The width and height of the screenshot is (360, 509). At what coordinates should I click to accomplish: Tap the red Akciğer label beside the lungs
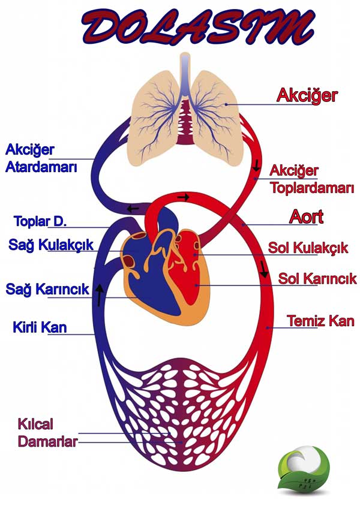point(307,96)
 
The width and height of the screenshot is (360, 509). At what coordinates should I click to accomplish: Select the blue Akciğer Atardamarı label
point(41,158)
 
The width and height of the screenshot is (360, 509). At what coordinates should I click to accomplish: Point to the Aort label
point(307,216)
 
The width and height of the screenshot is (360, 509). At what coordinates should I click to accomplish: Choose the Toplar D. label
point(40,221)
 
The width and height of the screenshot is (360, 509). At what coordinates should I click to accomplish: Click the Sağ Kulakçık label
point(51,245)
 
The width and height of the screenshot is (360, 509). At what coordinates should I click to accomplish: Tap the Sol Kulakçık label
point(308,248)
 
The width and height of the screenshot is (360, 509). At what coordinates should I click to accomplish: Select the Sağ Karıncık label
point(47,288)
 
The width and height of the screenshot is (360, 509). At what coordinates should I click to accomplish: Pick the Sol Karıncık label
point(317,279)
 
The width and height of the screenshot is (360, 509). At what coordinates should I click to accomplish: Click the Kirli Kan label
point(40,327)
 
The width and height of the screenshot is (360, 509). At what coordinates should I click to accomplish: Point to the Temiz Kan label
point(320,321)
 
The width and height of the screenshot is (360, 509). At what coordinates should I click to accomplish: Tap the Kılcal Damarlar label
point(47,433)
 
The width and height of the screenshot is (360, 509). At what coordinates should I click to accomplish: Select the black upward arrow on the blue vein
point(100,295)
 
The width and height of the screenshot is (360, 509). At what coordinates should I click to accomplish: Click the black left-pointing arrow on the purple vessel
point(133,209)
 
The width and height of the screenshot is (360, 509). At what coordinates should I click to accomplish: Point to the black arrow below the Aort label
point(264,269)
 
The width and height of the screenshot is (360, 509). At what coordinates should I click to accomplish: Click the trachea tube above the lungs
point(185,74)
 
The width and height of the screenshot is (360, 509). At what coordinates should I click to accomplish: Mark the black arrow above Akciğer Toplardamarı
point(256,165)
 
